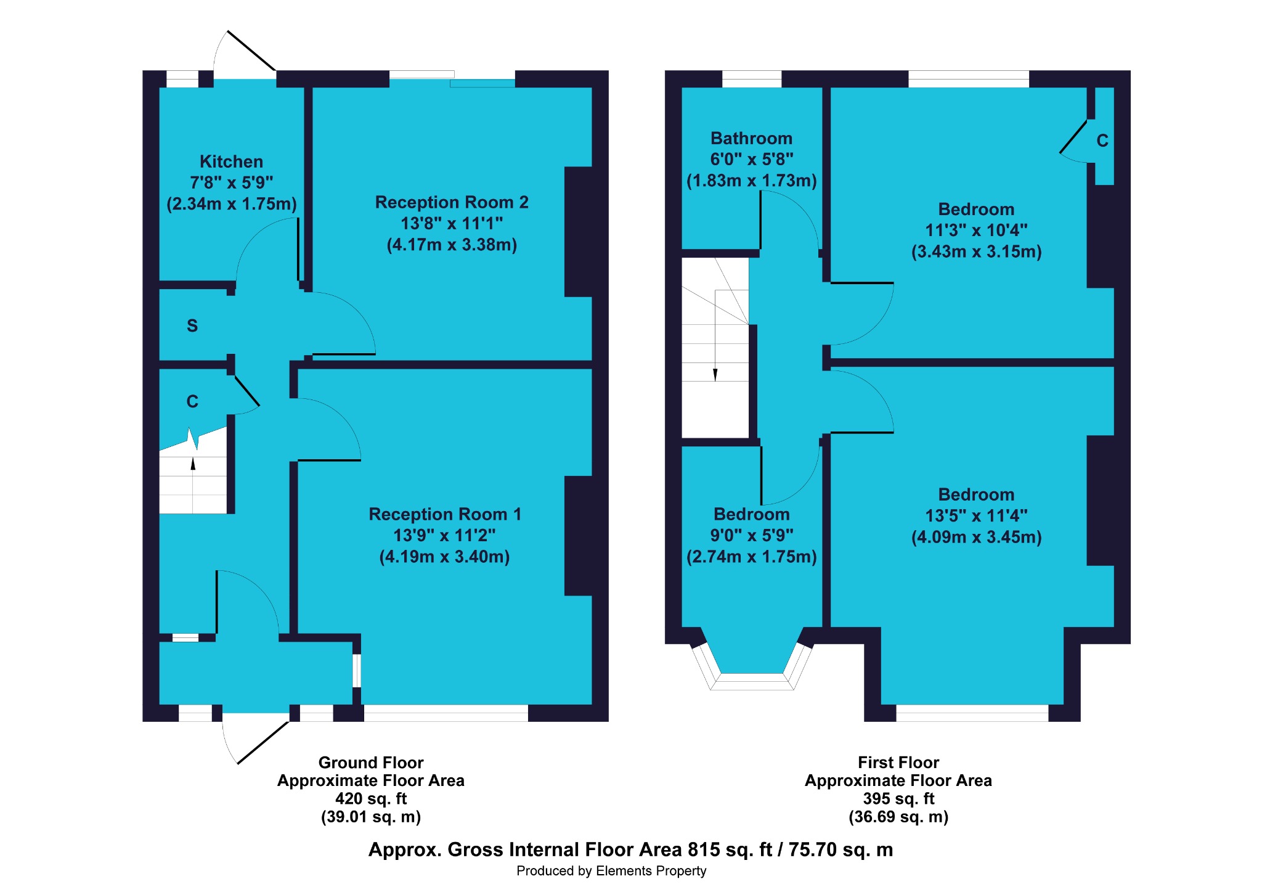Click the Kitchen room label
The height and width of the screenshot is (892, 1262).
(x=231, y=162)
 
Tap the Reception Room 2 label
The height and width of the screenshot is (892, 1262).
(x=452, y=202)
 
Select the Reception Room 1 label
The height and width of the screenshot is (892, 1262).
(x=445, y=514)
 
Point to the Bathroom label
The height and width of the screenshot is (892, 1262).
(x=751, y=138)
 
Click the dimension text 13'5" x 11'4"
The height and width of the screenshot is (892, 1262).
(x=976, y=515)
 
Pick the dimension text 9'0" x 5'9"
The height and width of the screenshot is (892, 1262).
(x=751, y=535)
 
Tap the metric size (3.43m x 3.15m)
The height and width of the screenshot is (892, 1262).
(x=976, y=252)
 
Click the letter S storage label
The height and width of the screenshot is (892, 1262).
(x=192, y=325)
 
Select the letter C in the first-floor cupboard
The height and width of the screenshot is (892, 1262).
(x=1102, y=141)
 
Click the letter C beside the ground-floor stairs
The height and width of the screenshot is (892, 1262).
(x=192, y=401)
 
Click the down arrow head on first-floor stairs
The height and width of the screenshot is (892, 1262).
(x=715, y=375)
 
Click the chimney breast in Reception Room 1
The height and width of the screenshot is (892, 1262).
(x=578, y=536)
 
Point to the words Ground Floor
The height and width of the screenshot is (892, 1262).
(x=371, y=763)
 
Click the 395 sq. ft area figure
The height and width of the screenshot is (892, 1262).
(x=898, y=799)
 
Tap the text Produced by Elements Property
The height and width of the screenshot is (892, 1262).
(x=611, y=871)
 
